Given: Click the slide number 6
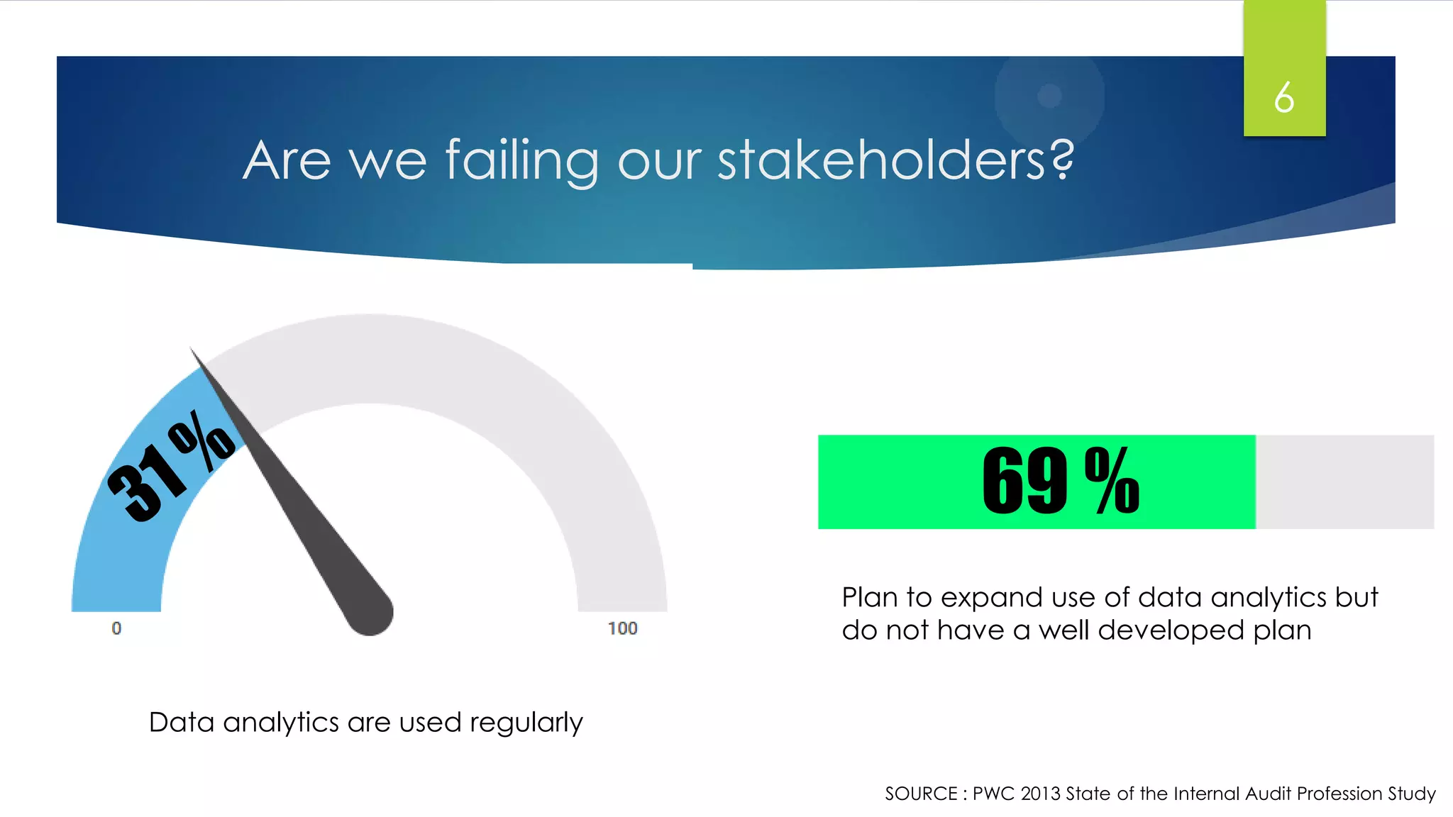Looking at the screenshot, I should [1283, 97].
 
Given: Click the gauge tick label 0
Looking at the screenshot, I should [116, 628].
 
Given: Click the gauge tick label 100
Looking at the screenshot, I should [622, 628].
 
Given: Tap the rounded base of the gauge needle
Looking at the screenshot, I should [370, 613].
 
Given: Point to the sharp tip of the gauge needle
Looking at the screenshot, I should [192, 350].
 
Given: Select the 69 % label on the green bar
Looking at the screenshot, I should [1060, 482].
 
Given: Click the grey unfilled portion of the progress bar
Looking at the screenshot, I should [1344, 482].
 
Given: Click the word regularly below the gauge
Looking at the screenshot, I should [526, 723].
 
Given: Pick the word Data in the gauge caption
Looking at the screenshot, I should [181, 722].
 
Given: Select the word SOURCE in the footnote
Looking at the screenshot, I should [920, 794].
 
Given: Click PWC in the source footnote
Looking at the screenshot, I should [993, 794].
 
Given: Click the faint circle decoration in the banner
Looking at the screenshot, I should [1049, 96].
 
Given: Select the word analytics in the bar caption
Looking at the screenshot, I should [1269, 598].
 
